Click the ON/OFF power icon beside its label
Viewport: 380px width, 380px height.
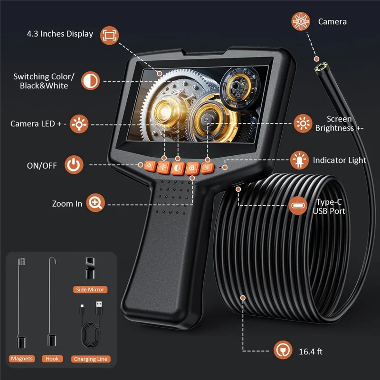click(x=74, y=165)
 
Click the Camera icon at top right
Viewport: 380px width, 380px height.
click(x=300, y=21)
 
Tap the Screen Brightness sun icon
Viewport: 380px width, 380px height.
click(x=302, y=123)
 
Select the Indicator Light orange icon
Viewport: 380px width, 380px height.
click(x=299, y=160)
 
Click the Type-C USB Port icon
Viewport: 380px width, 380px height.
click(x=298, y=206)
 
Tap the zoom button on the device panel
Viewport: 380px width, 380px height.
click(x=192, y=167)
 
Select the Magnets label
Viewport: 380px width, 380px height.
click(x=21, y=359)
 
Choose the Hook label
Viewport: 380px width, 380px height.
click(x=52, y=359)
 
